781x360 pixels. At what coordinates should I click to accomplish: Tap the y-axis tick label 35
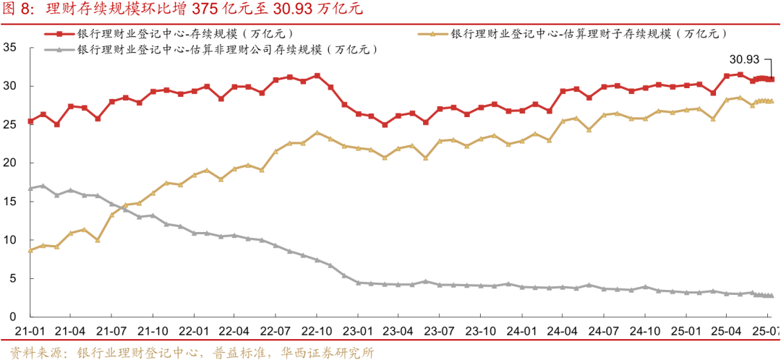click(10, 48)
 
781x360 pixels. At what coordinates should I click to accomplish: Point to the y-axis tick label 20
click(10, 163)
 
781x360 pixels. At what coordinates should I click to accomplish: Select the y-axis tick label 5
click(13, 278)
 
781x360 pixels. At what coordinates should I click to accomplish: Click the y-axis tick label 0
click(13, 317)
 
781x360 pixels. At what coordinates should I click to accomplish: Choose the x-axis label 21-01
click(30, 331)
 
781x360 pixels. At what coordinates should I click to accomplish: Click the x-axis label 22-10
click(317, 331)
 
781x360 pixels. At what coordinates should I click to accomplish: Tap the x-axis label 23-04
click(398, 331)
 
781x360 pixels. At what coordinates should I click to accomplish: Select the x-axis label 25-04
click(727, 331)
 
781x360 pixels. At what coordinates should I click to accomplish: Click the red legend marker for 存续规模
click(61, 33)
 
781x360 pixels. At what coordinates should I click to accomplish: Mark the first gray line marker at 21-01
click(30, 188)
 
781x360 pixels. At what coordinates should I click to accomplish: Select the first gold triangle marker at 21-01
click(30, 250)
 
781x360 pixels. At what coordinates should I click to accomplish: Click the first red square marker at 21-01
click(30, 121)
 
